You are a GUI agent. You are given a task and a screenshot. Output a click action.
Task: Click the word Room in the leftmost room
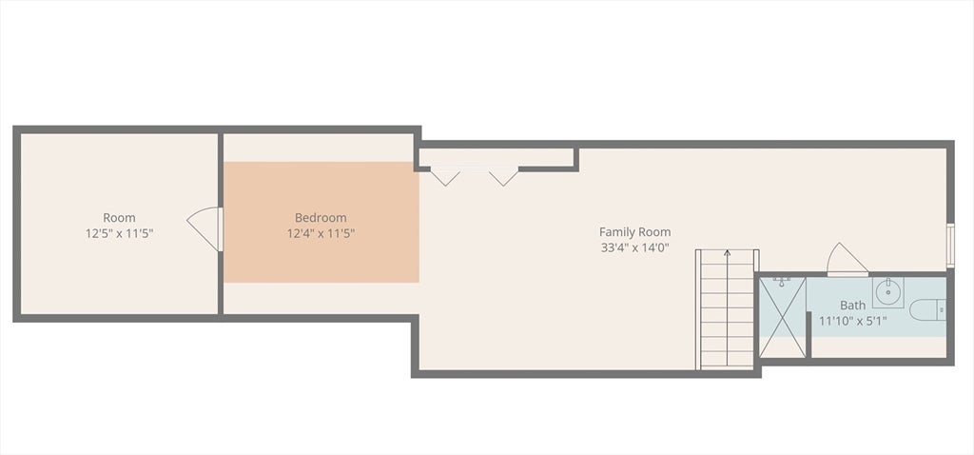click(119, 217)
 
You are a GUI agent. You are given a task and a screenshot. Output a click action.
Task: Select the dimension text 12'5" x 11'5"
click(119, 232)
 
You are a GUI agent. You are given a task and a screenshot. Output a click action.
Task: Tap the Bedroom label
click(321, 217)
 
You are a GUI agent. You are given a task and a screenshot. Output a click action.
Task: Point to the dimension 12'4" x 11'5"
click(321, 232)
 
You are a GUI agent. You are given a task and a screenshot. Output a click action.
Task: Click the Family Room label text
click(634, 231)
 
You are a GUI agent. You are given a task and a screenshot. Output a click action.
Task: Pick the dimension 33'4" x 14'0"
click(634, 247)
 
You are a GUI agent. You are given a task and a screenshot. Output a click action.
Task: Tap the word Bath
click(852, 306)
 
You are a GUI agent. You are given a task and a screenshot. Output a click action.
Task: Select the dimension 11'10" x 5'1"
click(852, 321)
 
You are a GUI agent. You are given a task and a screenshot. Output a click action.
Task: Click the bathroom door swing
click(845, 260)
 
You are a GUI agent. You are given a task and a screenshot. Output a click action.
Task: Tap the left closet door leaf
click(444, 176)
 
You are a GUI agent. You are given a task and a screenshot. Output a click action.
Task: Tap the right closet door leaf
click(503, 176)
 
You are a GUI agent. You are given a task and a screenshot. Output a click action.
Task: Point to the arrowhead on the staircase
click(728, 253)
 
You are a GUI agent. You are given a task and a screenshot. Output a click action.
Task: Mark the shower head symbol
click(782, 281)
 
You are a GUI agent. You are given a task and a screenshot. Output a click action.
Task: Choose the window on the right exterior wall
click(949, 245)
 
